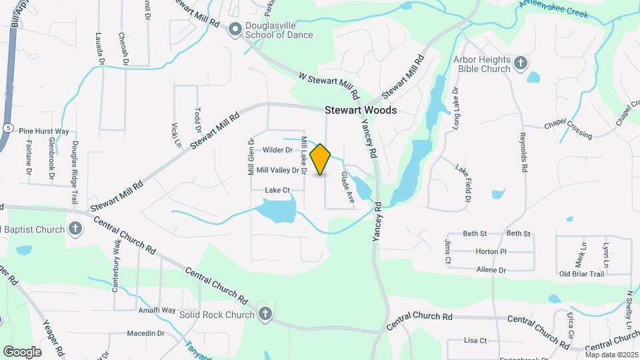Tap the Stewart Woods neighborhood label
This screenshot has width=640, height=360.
(x=361, y=110)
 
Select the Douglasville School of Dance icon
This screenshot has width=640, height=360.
(x=234, y=29)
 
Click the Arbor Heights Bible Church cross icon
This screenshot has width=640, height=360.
(x=521, y=64)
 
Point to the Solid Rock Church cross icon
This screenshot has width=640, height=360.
(x=265, y=314)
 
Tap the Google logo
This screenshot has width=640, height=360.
(x=22, y=351)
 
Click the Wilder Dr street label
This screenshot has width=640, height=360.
(x=278, y=150)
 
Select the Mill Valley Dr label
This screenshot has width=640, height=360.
(x=277, y=171)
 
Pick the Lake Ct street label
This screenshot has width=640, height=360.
(x=277, y=190)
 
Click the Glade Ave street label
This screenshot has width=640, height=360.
(x=347, y=187)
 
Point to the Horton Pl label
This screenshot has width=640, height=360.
(x=491, y=252)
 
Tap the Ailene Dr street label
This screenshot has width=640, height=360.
(x=491, y=270)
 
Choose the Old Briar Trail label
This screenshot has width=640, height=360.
(x=581, y=274)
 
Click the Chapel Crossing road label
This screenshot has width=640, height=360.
(x=568, y=131)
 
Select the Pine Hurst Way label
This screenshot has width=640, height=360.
(x=44, y=131)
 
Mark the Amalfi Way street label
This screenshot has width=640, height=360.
(x=157, y=311)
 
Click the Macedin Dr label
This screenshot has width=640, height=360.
(x=145, y=333)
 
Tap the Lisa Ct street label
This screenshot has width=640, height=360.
(x=475, y=340)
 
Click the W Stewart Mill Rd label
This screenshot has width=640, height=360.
(x=329, y=86)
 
